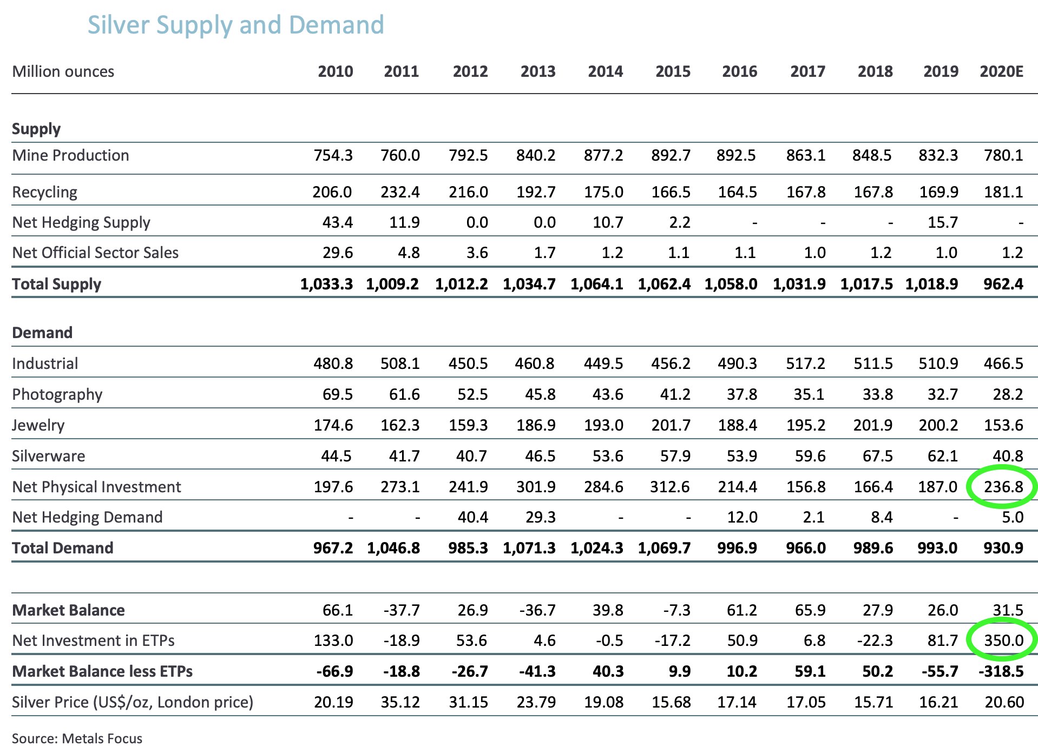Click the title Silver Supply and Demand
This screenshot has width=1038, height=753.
pyautogui.click(x=235, y=25)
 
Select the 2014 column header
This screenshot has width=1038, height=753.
pyautogui.click(x=605, y=71)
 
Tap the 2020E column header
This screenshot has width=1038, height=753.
pyautogui.click(x=1001, y=71)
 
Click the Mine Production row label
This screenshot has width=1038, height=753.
pyautogui.click(x=70, y=155)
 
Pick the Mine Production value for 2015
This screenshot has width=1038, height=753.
pyautogui.click(x=671, y=155)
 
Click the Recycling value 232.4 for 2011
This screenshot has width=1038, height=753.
pyautogui.click(x=400, y=192)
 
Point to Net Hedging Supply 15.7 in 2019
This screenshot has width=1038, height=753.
pyautogui.click(x=943, y=222)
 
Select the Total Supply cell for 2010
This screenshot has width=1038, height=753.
pyautogui.click(x=326, y=284)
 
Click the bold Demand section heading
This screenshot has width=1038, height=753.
pyautogui.click(x=42, y=332)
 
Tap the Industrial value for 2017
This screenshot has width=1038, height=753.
pyautogui.click(x=805, y=363)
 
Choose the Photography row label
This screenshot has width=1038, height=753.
pyautogui.click(x=57, y=394)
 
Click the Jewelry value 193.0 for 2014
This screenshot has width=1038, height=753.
pyautogui.click(x=603, y=425)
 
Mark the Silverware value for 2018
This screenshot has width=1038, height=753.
pyautogui.click(x=877, y=456)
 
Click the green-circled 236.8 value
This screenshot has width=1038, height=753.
pyautogui.click(x=1003, y=487)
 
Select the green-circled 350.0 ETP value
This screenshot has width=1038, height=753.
pyautogui.click(x=1003, y=640)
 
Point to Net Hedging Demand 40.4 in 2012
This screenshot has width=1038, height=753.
pyautogui.click(x=472, y=517)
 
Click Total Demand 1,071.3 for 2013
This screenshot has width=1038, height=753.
pyautogui.click(x=529, y=548)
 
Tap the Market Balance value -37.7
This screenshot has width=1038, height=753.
pyautogui.click(x=401, y=610)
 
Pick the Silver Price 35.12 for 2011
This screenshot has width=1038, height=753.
pyautogui.click(x=401, y=702)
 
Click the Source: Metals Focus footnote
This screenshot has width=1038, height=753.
pyautogui.click(x=77, y=738)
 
